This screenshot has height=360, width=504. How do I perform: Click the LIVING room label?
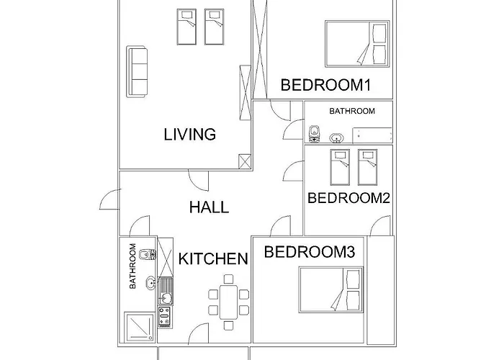[x=190, y=134]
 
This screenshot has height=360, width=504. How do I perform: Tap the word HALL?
[x=209, y=207]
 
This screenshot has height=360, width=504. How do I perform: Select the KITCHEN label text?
[x=213, y=258]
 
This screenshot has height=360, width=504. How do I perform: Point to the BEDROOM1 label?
[x=325, y=85]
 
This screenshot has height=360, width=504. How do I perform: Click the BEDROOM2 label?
[x=348, y=199]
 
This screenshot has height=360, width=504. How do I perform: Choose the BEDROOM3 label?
[x=309, y=252]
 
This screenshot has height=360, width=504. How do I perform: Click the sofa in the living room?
[x=137, y=71]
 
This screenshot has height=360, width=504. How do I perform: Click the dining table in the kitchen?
[x=228, y=302]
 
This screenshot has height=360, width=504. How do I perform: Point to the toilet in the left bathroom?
[x=148, y=253]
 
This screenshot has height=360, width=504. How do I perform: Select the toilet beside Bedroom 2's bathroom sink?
[x=314, y=135]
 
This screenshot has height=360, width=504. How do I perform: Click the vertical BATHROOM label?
[x=133, y=266]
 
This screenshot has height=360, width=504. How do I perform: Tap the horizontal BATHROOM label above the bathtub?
[x=352, y=112]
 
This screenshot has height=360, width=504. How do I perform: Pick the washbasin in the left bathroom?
[x=150, y=283]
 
